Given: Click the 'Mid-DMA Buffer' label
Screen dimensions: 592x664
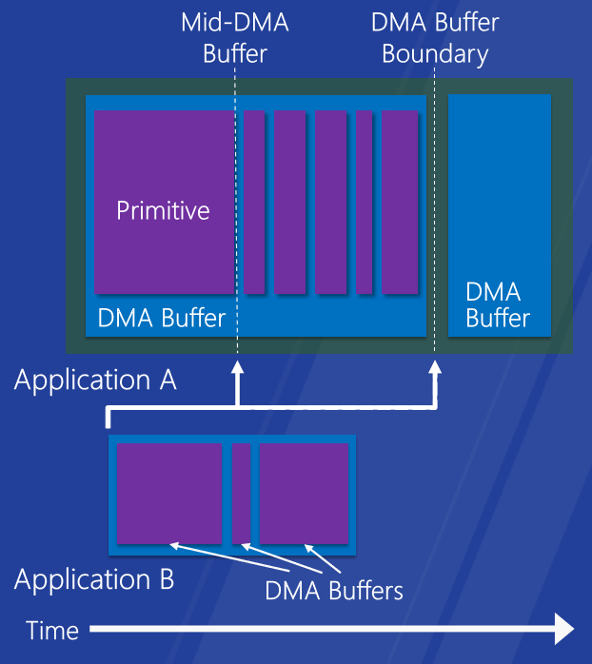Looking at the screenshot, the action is click(235, 38).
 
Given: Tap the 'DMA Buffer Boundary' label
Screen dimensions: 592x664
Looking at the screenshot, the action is click(435, 38).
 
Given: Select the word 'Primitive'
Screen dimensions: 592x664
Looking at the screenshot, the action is click(163, 210).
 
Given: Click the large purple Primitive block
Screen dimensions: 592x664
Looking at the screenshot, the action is click(164, 202).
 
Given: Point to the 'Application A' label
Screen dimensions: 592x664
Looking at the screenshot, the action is click(95, 381).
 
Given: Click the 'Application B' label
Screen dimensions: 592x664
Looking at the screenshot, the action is click(94, 579).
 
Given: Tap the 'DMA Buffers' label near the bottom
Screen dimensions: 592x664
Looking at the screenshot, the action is click(334, 591).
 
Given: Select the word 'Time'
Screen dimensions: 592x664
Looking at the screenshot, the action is click(52, 631).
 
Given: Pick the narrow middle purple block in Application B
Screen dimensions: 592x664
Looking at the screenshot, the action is click(241, 494).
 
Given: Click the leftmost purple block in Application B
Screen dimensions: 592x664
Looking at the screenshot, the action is click(169, 494).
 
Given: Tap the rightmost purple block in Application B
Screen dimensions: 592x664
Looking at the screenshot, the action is click(304, 494).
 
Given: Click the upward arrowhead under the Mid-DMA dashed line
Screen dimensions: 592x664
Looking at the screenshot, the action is click(237, 367).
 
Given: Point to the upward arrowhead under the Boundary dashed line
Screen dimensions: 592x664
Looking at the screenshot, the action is click(435, 367).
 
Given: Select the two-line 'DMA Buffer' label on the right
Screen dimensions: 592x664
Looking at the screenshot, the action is click(498, 305).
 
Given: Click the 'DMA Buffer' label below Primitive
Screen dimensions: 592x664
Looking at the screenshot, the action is click(162, 318).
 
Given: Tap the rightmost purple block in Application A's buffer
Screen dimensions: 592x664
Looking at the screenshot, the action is click(400, 202).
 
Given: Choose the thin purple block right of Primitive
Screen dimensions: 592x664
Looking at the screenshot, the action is click(254, 202).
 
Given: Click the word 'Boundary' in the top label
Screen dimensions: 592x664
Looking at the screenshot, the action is click(435, 55).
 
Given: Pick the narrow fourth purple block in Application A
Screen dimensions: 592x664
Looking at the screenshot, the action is click(364, 202).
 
